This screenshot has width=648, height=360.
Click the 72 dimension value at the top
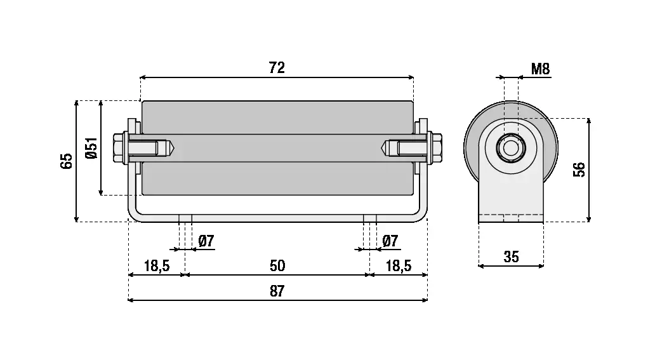tap(277, 68)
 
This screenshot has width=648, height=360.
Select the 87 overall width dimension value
tap(277, 291)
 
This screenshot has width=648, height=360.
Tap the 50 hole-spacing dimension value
tap(277, 265)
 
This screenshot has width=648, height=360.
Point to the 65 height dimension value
tap(67, 161)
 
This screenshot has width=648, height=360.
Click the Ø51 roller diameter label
tap(91, 148)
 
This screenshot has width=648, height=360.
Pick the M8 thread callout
tap(539, 69)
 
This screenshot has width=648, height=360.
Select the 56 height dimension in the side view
tap(579, 170)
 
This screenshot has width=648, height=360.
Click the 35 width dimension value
tap(511, 257)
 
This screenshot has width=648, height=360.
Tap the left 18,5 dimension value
tap(156, 265)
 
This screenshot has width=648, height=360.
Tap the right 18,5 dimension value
tap(398, 265)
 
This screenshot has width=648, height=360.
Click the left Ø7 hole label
tap(206, 241)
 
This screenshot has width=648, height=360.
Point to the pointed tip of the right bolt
tap(385, 149)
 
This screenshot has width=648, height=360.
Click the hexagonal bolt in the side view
tap(510, 149)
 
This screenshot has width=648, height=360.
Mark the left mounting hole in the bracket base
tap(185, 218)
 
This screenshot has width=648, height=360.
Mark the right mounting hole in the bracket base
tap(370, 218)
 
